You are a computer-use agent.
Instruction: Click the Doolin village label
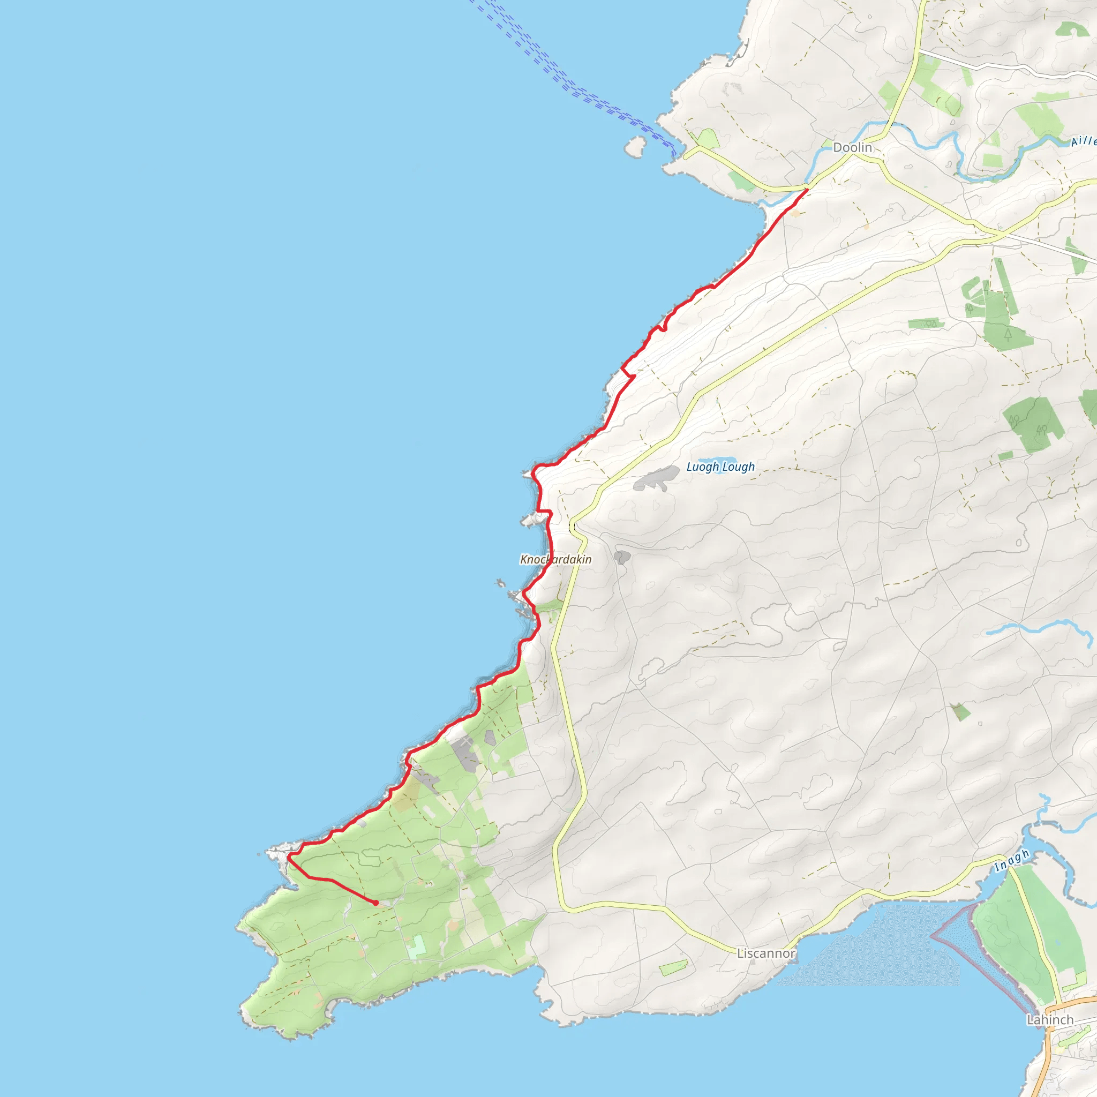pos(852,148)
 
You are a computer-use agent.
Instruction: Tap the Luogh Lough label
pos(720,467)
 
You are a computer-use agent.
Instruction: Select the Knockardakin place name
pos(556,559)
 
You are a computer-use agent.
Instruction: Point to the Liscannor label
pos(766,953)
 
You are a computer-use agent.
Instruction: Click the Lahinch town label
pos(1050,1020)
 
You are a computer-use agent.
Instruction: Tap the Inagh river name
pos(1012,861)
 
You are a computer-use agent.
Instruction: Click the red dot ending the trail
pos(376,903)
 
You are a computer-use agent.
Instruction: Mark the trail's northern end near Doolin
pos(807,189)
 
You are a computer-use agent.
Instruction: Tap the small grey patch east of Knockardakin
pos(622,557)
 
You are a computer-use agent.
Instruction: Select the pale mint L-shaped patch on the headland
pos(417,947)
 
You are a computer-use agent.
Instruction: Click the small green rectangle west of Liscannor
pos(673,967)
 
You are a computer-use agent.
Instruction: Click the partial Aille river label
pos(1083,141)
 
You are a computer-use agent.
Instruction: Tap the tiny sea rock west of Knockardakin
pos(500,583)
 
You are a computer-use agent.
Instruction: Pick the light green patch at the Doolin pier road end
pos(708,139)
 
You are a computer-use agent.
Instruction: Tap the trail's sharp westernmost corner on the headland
pos(289,858)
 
